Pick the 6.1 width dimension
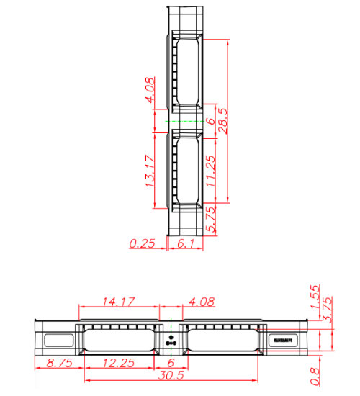[x=186, y=244]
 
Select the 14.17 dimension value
[x=117, y=300]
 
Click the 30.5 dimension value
[x=171, y=377]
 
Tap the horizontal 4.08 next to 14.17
[x=202, y=300]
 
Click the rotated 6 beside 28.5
[x=210, y=122]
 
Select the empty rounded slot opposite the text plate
[x=60, y=339]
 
